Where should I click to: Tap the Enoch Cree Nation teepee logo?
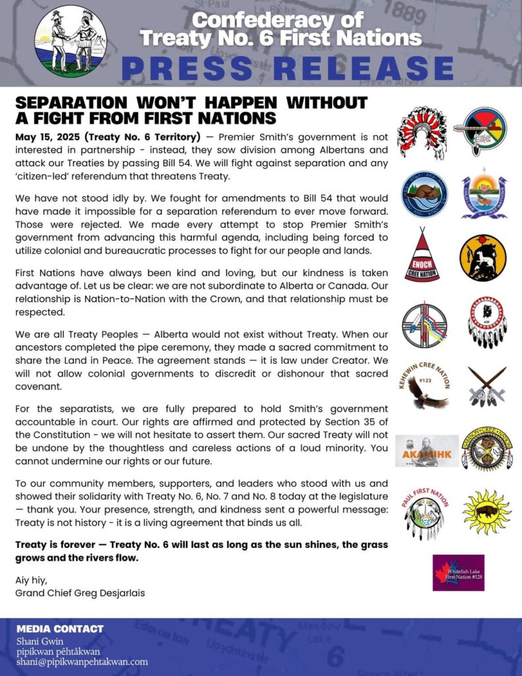(x=422, y=255)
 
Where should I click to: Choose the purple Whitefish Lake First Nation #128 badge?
(x=458, y=572)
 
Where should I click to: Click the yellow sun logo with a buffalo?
(x=486, y=512)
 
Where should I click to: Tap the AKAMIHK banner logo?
(x=426, y=451)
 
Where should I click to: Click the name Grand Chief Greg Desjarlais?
(x=80, y=592)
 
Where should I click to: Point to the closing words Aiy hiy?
(x=30, y=580)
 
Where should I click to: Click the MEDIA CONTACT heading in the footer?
(x=60, y=628)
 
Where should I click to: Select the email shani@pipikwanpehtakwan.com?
(x=82, y=661)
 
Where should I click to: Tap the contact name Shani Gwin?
(x=42, y=640)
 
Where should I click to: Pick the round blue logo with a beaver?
(x=424, y=195)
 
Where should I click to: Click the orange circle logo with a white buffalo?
(x=483, y=257)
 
